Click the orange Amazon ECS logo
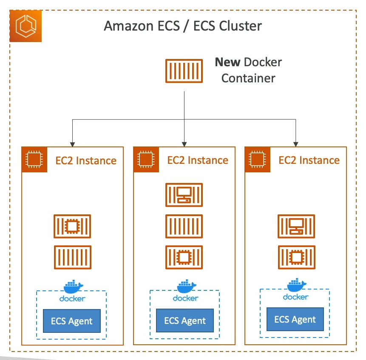point(26,26)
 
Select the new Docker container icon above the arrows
point(184,70)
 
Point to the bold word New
point(228,62)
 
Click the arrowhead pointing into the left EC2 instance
point(73,143)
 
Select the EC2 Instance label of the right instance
point(309,160)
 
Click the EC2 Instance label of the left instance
point(86,160)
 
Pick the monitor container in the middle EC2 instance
point(184,194)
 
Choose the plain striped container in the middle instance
point(184,226)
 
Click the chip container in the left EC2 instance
point(72,226)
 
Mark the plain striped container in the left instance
point(72,257)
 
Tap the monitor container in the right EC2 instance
point(296,226)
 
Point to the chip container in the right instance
point(296,257)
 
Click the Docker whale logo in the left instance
point(73,287)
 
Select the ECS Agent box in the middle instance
point(185,321)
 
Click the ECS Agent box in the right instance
point(295,319)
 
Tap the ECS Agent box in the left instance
point(72,321)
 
